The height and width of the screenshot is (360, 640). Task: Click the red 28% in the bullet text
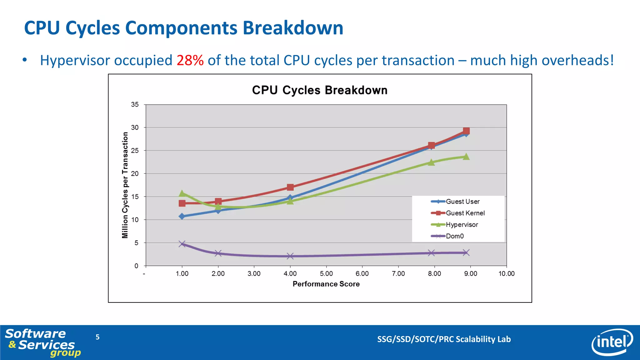[x=190, y=60]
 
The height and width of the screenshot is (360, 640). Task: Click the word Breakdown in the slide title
[x=293, y=28]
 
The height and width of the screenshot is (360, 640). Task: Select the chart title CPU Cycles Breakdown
[x=320, y=90]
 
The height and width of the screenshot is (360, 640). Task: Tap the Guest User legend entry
[x=462, y=202]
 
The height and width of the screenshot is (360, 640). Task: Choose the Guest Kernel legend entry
[x=465, y=213]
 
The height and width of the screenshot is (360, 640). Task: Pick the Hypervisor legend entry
[x=462, y=225]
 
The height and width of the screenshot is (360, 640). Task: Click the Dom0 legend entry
[x=454, y=236]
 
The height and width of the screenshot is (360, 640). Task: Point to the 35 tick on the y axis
[x=135, y=105]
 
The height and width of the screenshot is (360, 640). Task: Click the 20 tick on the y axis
[x=135, y=174]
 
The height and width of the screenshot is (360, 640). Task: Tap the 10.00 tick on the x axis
[x=506, y=274]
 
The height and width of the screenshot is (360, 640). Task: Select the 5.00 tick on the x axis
[x=326, y=274]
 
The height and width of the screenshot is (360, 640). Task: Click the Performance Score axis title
[x=326, y=284]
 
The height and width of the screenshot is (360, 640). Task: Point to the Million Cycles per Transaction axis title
[x=125, y=185]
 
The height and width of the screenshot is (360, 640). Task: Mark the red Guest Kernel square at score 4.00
[x=290, y=187]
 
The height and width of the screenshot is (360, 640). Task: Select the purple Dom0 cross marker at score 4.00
[x=290, y=256]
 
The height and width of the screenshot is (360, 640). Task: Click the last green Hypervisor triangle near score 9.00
[x=466, y=157]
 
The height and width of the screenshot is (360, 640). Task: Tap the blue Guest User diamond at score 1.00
[x=182, y=216]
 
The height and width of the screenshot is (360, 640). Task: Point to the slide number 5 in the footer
[x=97, y=337]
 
